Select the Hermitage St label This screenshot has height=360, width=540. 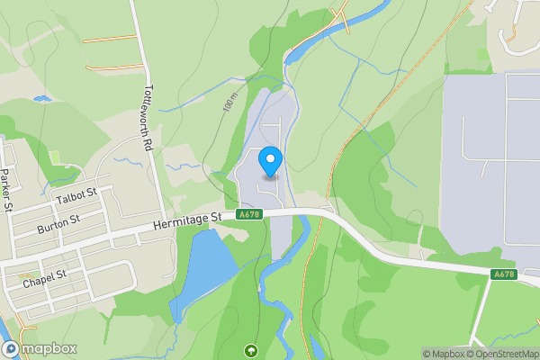point(186,220)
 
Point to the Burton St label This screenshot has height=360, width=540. point(58,224)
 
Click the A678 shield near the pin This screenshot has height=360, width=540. point(249,215)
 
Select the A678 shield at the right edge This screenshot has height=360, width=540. point(504,274)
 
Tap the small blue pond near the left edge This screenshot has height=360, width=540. point(41,97)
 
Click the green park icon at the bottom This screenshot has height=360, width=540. point(250,350)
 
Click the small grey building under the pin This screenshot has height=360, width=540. point(270,177)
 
